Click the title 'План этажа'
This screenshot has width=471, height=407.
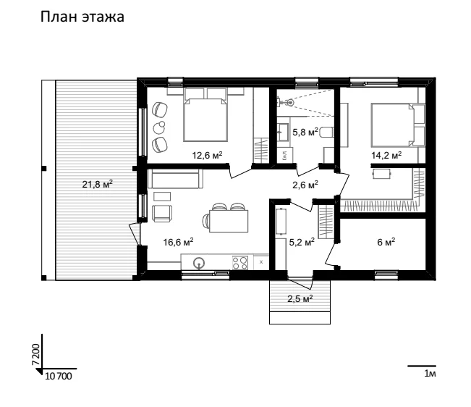coord(82,17)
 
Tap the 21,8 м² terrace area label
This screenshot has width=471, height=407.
coord(98,184)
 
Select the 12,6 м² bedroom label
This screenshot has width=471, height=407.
coord(207,155)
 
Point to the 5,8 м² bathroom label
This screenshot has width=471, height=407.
coord(305,132)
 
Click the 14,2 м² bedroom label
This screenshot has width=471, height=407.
coord(386,155)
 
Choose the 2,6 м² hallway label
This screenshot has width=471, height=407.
coord(305,185)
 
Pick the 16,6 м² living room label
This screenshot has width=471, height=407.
coord(178,242)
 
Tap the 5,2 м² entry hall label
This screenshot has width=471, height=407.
coord(302,242)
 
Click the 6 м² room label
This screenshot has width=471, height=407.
coord(386,242)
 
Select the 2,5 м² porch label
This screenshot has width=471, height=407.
coord(300,298)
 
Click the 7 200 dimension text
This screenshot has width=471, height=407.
coord(35,354)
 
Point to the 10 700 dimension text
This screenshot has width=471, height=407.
coord(59,376)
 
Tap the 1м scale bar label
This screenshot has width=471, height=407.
coord(430,374)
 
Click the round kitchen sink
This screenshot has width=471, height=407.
coord(198,263)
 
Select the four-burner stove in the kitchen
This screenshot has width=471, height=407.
coord(240,262)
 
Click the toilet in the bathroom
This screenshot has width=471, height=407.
coord(326,133)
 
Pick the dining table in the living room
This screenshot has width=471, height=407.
coord(229,221)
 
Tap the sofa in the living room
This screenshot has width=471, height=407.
coord(175,179)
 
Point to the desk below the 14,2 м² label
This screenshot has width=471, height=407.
coord(382,174)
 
